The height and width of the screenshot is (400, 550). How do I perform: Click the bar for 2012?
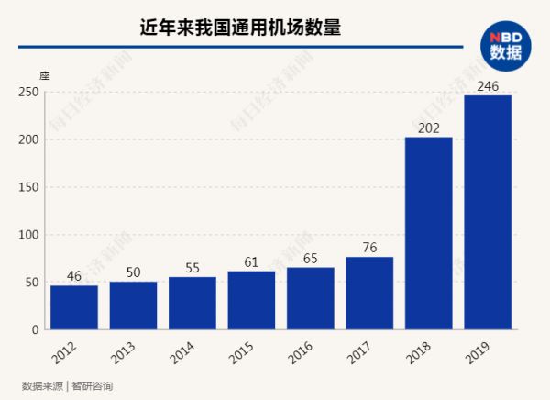click(74, 307)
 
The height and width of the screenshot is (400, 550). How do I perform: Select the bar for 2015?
click(251, 300)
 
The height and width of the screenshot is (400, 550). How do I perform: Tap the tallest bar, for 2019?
click(488, 212)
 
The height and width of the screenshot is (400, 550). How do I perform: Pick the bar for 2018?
click(429, 233)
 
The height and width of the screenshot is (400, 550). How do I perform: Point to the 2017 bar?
click(369, 293)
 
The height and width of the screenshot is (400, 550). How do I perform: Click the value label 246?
click(488, 85)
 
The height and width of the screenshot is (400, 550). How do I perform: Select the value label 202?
click(429, 128)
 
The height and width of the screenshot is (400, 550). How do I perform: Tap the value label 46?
click(74, 275)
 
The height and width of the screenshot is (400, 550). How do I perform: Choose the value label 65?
click(311, 258)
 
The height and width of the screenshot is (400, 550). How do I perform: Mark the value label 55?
click(192, 267)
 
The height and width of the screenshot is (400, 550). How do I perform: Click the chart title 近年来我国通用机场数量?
click(240, 28)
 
